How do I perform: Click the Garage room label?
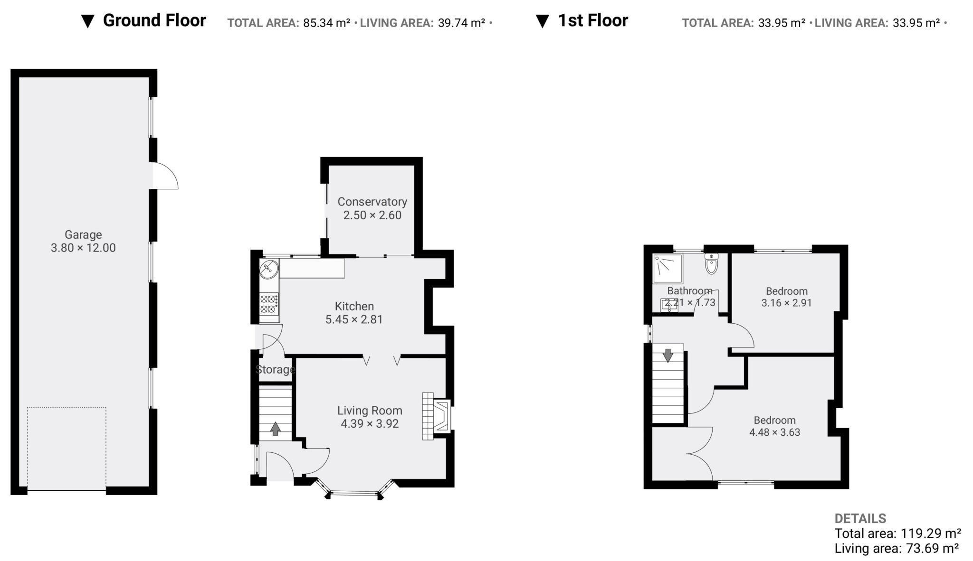pos(83,234)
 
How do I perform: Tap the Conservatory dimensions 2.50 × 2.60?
pos(372,215)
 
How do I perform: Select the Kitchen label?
pos(354,306)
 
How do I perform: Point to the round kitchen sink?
pos(269,270)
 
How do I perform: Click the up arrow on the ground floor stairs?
pos(275,429)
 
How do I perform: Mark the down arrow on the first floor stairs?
pos(668,355)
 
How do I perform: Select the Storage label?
pos(276,369)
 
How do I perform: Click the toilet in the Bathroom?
pos(711,264)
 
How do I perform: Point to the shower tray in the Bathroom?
pos(668,269)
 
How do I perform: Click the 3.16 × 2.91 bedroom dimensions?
pos(787,303)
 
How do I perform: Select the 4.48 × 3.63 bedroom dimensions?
pos(775,432)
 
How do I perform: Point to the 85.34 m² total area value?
pos(327,23)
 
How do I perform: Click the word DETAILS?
pos(860,518)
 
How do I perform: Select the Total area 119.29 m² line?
pos(898,533)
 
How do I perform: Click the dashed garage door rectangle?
pos(67,449)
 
